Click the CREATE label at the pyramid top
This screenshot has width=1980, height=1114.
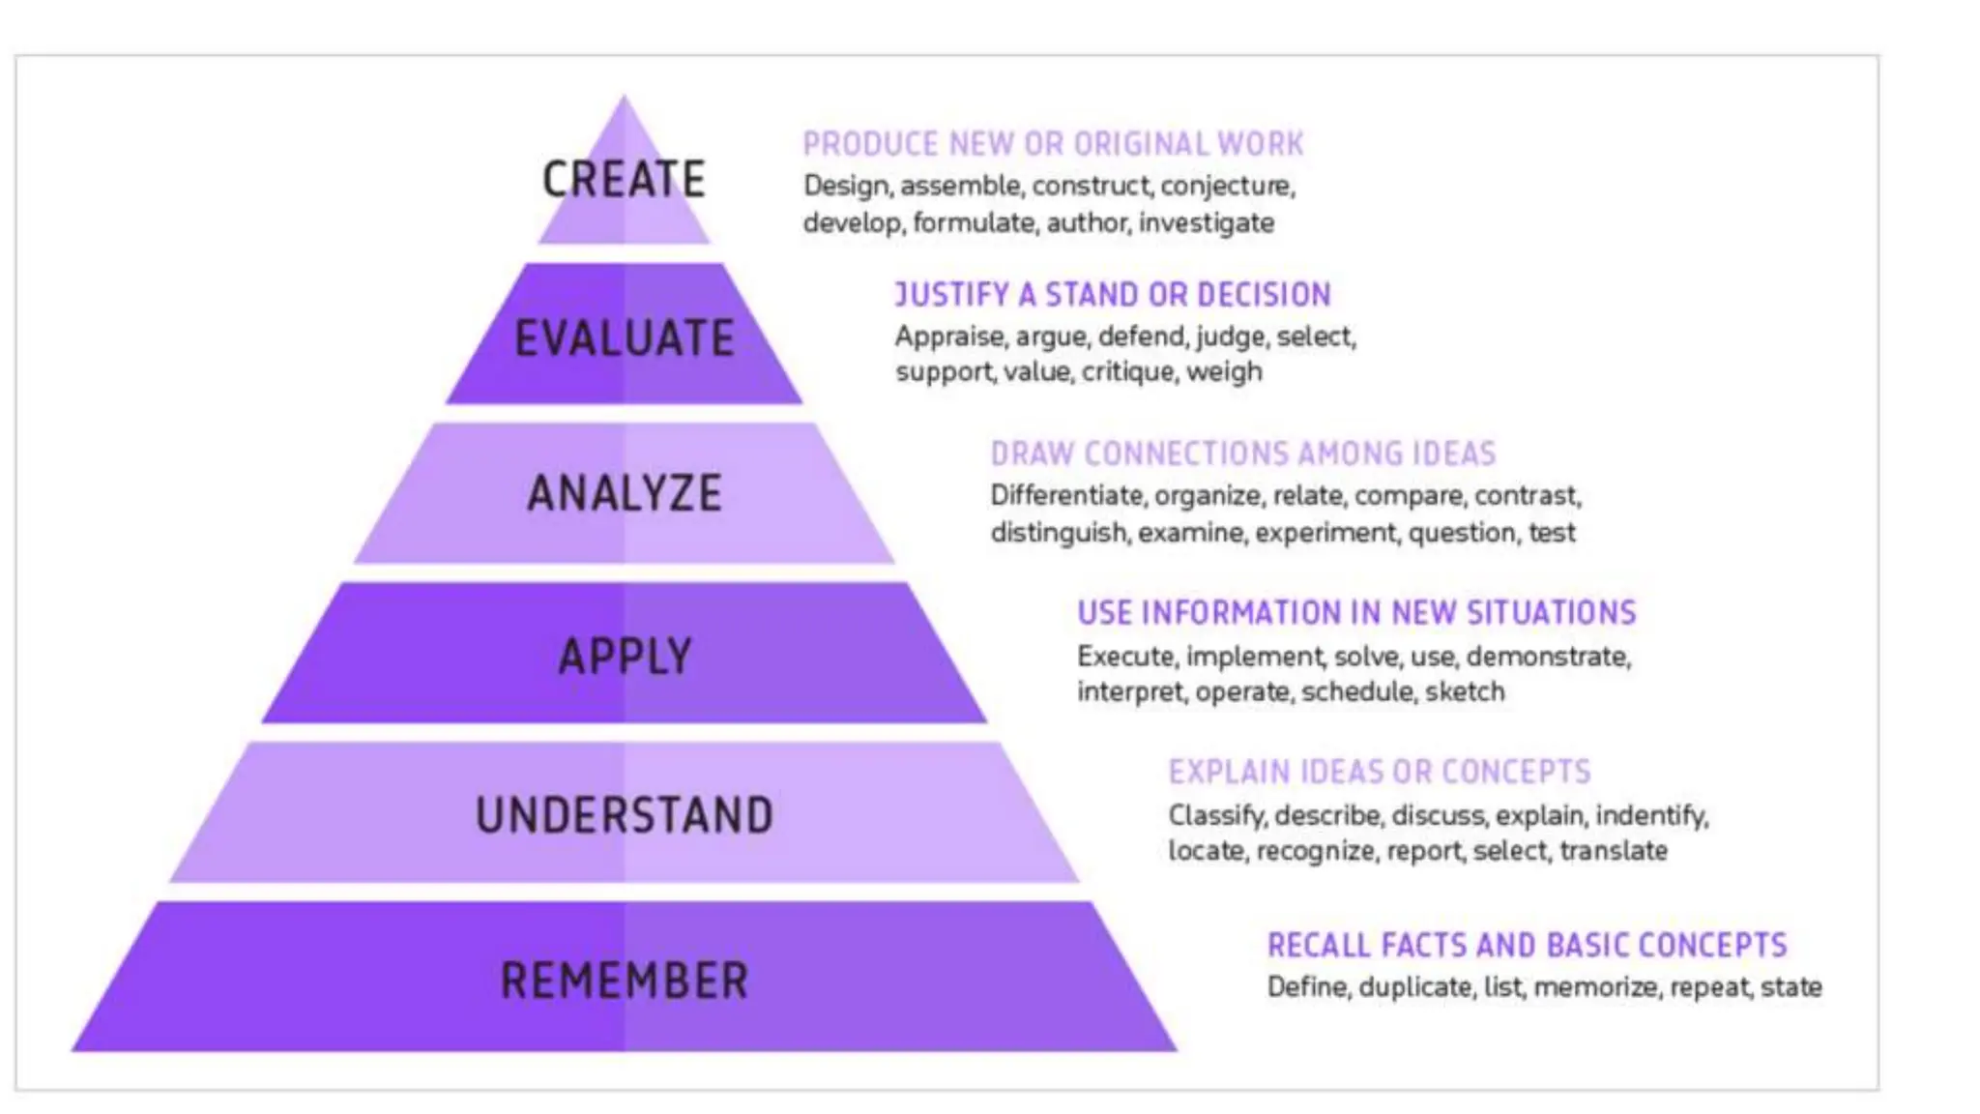[624, 180]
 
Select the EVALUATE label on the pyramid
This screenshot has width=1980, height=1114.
[624, 338]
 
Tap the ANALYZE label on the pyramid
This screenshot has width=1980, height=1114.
[624, 493]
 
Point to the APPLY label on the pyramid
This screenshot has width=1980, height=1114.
[625, 657]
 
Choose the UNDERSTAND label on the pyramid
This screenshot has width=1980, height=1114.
[624, 815]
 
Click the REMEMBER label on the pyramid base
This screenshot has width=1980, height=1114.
[624, 981]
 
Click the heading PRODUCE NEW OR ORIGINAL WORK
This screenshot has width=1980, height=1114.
[1053, 144]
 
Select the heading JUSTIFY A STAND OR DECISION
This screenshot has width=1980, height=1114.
[1112, 294]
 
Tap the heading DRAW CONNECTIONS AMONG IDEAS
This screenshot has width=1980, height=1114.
[1242, 454]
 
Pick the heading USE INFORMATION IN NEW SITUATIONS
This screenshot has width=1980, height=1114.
[1356, 613]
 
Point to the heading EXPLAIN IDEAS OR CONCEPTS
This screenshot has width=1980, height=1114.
[1379, 772]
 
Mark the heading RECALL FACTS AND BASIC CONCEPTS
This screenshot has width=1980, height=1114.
[1527, 945]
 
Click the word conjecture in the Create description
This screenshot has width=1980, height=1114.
[1227, 186]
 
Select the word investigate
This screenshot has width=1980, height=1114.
[1206, 223]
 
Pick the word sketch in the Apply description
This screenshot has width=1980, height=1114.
[1464, 692]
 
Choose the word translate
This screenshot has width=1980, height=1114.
[1613, 851]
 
